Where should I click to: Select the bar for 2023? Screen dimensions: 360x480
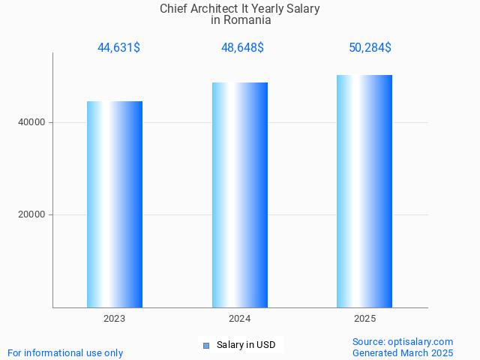click(115, 204)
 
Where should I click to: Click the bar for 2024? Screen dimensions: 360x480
click(240, 195)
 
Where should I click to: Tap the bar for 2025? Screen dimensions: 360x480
click(365, 191)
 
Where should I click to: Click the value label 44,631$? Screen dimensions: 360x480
click(118, 48)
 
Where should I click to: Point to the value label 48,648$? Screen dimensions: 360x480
click(242, 48)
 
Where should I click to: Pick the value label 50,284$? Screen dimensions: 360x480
click(370, 48)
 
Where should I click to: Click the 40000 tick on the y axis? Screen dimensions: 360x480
click(31, 122)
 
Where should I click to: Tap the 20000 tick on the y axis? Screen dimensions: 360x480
click(31, 214)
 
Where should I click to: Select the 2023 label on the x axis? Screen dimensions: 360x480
click(115, 319)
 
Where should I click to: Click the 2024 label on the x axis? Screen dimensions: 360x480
click(240, 319)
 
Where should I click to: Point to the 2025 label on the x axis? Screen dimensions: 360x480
click(365, 319)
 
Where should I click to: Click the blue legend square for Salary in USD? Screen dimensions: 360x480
click(207, 345)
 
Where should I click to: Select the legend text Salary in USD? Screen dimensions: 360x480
click(246, 345)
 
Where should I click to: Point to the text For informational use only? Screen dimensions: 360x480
click(65, 352)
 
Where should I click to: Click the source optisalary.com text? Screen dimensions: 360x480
click(403, 341)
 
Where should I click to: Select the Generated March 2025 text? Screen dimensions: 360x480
click(403, 352)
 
